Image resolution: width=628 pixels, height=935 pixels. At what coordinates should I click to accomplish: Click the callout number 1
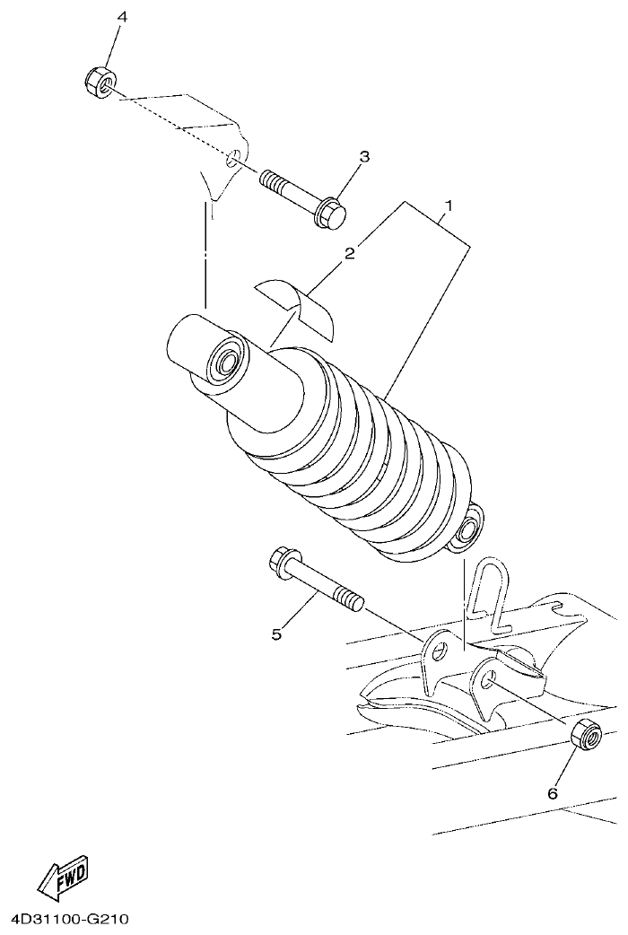pyautogui.click(x=448, y=205)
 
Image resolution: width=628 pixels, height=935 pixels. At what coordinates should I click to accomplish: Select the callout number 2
pyautogui.click(x=350, y=253)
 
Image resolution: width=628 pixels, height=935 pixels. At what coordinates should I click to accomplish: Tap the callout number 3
pyautogui.click(x=363, y=156)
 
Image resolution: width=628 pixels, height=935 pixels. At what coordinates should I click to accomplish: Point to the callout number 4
pyautogui.click(x=122, y=17)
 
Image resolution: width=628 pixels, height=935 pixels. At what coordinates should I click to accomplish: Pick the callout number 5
pyautogui.click(x=276, y=634)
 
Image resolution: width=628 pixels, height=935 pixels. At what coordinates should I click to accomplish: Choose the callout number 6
pyautogui.click(x=553, y=793)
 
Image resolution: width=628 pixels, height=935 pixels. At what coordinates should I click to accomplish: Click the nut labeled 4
pyautogui.click(x=99, y=83)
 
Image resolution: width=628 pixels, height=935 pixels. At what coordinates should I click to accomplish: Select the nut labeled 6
pyautogui.click(x=584, y=734)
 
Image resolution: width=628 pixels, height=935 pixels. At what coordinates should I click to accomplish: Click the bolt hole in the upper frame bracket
pyautogui.click(x=232, y=160)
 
